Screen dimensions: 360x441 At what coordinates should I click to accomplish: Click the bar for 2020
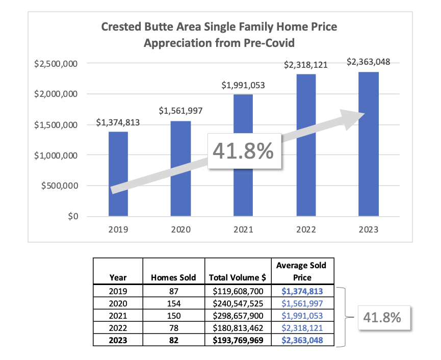coord(180,168)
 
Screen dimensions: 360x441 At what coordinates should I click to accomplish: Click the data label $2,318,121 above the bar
coord(306,65)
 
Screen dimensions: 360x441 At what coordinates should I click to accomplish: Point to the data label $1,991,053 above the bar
coord(243,86)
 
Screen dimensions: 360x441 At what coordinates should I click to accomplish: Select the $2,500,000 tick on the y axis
coord(56,64)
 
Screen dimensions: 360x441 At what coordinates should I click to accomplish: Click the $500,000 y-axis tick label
coord(59,186)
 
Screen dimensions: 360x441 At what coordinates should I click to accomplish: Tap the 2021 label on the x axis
coord(243,229)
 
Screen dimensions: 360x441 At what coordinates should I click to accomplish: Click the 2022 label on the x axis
coord(306,229)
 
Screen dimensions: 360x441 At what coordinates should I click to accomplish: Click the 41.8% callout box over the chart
coord(243,151)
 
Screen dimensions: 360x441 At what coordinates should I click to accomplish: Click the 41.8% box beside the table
coord(382,317)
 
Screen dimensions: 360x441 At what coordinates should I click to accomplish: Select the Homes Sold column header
coord(173,278)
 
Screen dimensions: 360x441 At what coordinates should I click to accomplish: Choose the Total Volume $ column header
coord(238,278)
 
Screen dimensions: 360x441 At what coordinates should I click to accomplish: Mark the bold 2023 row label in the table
coord(118,340)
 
